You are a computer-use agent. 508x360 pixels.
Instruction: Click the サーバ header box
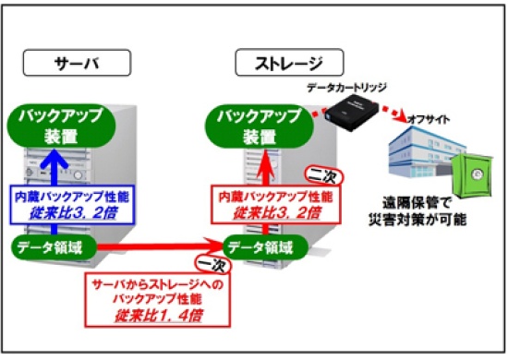tap(77, 63)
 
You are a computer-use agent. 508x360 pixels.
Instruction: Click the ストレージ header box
tap(289, 63)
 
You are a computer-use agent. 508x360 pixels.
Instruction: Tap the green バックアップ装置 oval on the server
tap(61, 126)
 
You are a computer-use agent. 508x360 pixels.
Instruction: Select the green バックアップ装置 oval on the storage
tap(260, 126)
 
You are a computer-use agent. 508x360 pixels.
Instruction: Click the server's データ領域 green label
tap(54, 248)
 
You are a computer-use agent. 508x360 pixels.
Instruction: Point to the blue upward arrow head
tap(54, 158)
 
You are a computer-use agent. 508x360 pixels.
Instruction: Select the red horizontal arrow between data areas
tap(161, 247)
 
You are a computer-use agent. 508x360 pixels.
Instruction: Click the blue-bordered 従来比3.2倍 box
tap(72, 205)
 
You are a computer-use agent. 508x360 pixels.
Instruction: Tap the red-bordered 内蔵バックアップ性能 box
tap(276, 205)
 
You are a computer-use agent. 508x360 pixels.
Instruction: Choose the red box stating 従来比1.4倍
tap(157, 300)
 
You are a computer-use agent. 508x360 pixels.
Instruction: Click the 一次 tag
tap(212, 265)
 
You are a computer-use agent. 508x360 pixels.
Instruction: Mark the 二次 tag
tap(324, 176)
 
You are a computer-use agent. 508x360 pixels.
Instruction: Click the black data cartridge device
tap(352, 112)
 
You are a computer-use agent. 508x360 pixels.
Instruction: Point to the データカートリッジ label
tap(346, 88)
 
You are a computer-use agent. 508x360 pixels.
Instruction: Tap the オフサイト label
tap(429, 119)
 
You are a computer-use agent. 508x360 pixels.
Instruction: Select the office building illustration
tap(428, 152)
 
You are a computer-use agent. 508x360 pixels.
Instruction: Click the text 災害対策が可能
tap(417, 220)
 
